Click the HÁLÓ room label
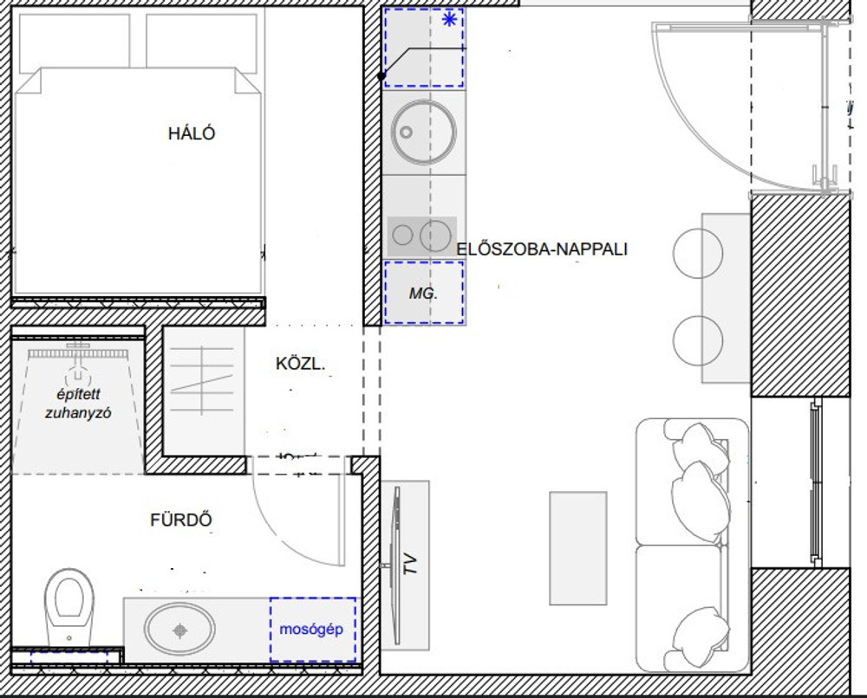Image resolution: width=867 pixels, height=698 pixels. pyautogui.click(x=192, y=133)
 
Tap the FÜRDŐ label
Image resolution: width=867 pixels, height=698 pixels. pyautogui.click(x=181, y=520)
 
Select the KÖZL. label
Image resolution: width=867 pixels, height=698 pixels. pyautogui.click(x=300, y=364)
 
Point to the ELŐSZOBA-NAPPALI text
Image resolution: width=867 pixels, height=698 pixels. pyautogui.click(x=542, y=249)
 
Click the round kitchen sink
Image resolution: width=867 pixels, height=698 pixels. pyautogui.click(x=424, y=132)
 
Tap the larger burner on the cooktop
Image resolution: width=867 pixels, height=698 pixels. pyautogui.click(x=435, y=236)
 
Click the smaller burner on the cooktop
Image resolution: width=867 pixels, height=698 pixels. pyautogui.click(x=402, y=236)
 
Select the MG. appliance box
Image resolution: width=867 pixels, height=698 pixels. pyautogui.click(x=424, y=293)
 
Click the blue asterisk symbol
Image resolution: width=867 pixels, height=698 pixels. pyautogui.click(x=449, y=20)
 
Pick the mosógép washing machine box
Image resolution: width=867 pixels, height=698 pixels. pyautogui.click(x=313, y=630)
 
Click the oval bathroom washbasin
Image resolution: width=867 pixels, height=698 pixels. pyautogui.click(x=179, y=629)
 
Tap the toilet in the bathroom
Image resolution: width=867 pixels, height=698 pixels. pyautogui.click(x=69, y=607)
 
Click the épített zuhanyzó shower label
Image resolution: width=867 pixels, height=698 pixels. pyautogui.click(x=78, y=404)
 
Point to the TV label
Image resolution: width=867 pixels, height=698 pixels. pyautogui.click(x=410, y=564)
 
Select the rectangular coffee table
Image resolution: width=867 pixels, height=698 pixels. pyautogui.click(x=577, y=548)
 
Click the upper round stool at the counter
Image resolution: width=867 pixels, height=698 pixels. pyautogui.click(x=698, y=253)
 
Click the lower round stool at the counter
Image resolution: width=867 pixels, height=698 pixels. pyautogui.click(x=698, y=340)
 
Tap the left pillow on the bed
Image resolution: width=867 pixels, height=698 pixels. pyautogui.click(x=74, y=43)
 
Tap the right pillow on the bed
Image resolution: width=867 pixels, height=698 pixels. pyautogui.click(x=201, y=42)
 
